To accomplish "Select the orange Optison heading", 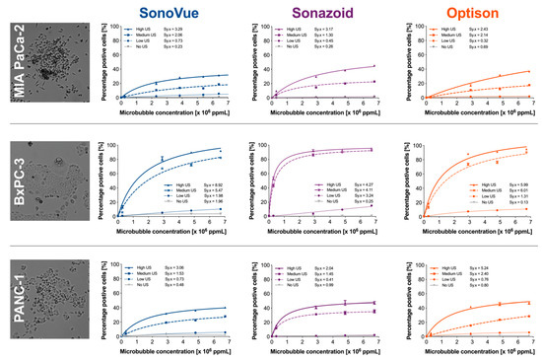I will (x=476, y=12).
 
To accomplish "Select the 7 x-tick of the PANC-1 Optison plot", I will (x=528, y=341).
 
